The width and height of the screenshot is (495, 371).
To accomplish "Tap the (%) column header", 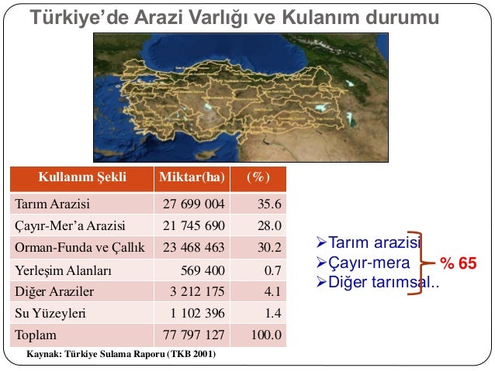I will (x=258, y=177).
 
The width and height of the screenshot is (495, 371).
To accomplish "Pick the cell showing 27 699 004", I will (x=194, y=205).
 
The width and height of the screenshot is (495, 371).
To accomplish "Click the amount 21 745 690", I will (x=194, y=227).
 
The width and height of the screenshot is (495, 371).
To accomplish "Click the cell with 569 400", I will (x=203, y=271).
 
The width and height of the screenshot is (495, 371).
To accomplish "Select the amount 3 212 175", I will (x=197, y=293).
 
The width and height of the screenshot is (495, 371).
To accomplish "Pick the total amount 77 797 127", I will (x=194, y=336).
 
